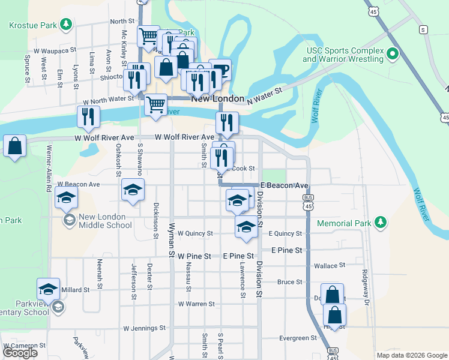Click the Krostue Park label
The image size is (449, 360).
point(33,25)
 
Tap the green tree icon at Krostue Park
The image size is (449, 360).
point(65,25)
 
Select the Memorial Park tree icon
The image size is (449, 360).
point(379,223)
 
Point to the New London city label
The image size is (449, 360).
point(217,98)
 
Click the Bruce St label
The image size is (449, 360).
point(290,282)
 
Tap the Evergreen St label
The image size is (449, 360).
point(298,338)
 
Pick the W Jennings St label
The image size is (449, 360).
point(144,328)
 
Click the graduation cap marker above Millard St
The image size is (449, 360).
point(48,289)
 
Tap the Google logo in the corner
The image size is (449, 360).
point(20,353)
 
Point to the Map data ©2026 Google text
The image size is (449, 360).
point(411,355)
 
